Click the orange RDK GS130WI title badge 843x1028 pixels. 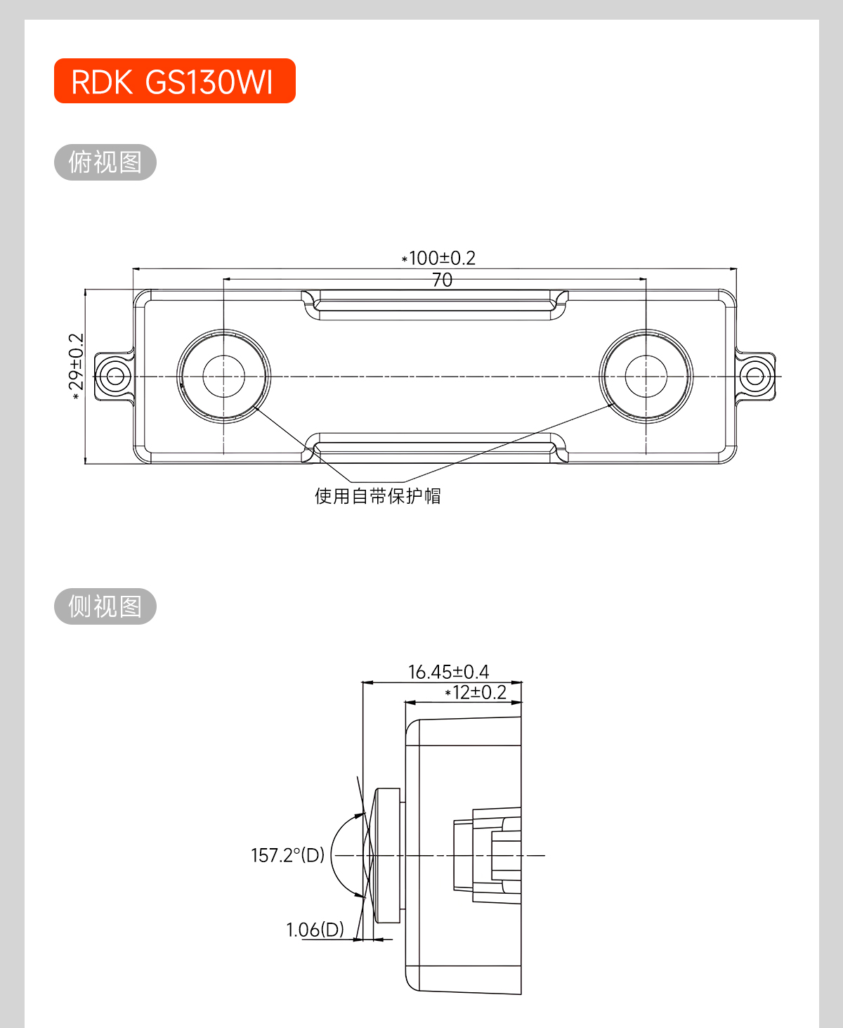(174, 81)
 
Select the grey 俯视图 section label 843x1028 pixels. (105, 162)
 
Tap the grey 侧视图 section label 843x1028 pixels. (105, 606)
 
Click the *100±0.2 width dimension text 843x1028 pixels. (439, 258)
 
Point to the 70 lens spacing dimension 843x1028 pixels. (442, 280)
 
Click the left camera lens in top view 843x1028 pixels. (223, 376)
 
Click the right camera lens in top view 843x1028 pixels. (646, 376)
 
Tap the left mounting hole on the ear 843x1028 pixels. (115, 376)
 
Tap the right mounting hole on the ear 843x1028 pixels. (755, 376)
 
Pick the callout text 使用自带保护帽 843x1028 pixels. (377, 496)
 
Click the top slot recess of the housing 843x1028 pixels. (435, 305)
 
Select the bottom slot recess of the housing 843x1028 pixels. (435, 448)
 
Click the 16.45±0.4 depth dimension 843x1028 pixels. (448, 672)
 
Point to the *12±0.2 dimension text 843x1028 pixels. (476, 693)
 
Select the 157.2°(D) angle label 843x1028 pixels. (288, 855)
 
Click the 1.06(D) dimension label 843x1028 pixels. (315, 930)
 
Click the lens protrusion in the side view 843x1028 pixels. (387, 855)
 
